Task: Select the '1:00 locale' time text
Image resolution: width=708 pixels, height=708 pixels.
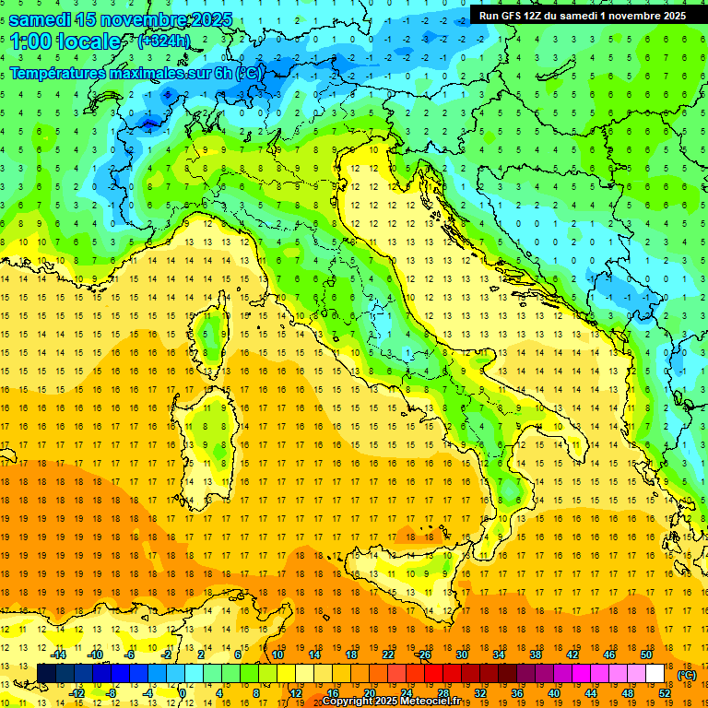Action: click(x=65, y=41)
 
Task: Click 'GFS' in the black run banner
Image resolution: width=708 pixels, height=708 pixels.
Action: click(x=515, y=16)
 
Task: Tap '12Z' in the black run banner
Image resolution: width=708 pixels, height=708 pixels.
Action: click(x=541, y=16)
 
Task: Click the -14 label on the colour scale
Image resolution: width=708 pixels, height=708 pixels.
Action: click(x=58, y=655)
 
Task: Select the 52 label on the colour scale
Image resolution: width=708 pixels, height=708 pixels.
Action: click(x=665, y=692)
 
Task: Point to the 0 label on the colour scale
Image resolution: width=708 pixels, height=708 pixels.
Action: click(x=183, y=692)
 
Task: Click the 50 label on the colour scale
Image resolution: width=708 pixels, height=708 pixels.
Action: click(x=646, y=655)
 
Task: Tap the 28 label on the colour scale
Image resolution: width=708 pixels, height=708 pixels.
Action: click(x=442, y=692)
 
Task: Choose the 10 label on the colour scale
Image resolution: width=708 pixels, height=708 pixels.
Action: click(x=277, y=655)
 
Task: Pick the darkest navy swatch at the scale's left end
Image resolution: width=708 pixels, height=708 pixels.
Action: click(x=46, y=673)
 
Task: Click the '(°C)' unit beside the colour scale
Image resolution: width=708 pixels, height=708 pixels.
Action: click(x=686, y=675)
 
